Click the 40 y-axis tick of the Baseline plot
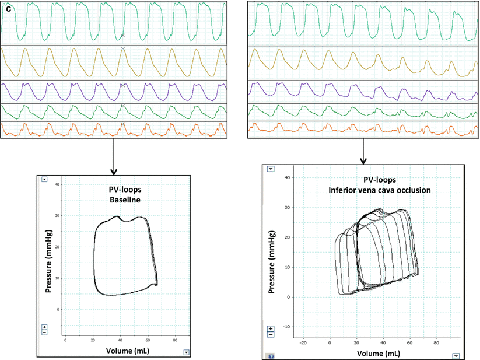pyautogui.click(x=57, y=185)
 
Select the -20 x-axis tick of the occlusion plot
pyautogui.click(x=303, y=343)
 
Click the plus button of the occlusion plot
pyautogui.click(x=271, y=329)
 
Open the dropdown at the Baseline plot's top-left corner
pyautogui.click(x=44, y=180)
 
